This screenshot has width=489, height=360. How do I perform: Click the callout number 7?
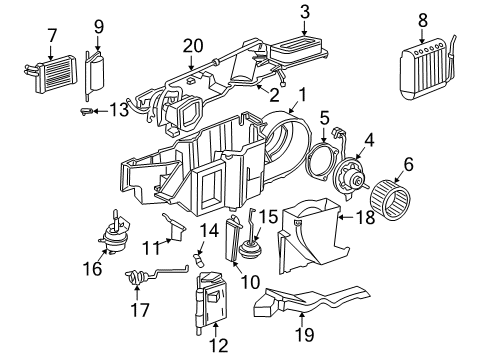(x=51, y=36)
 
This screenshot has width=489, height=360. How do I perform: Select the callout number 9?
(x=98, y=25)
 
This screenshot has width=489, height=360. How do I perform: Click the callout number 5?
(x=324, y=117)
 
